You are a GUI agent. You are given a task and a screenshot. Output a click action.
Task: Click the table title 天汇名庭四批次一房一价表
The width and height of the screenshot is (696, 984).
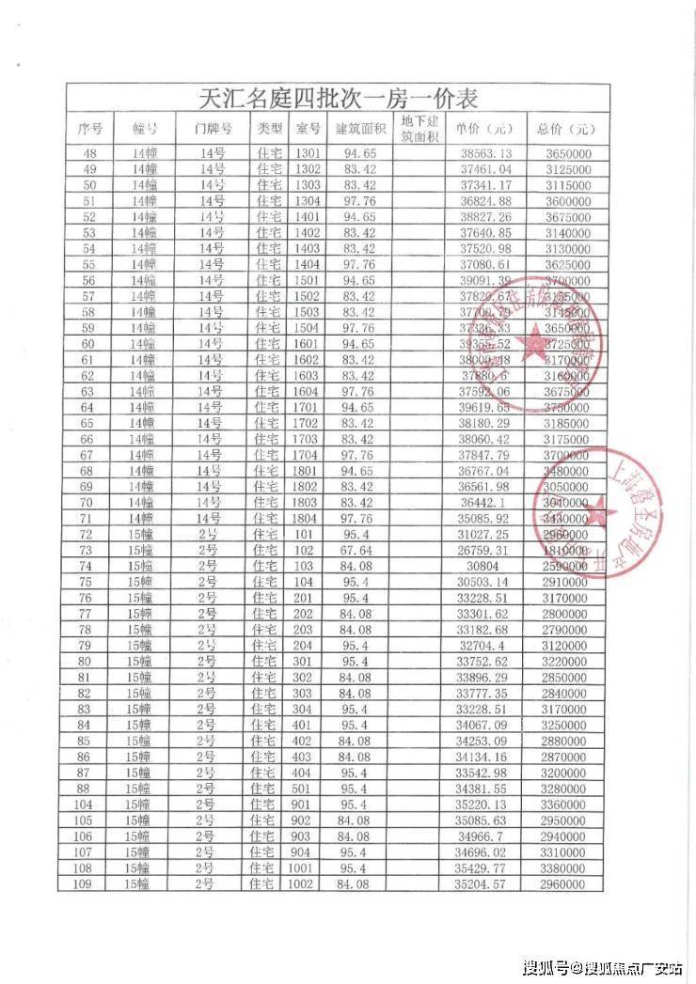pyautogui.click(x=340, y=98)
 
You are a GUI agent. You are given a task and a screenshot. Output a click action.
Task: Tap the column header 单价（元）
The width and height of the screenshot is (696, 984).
pyautogui.click(x=484, y=129)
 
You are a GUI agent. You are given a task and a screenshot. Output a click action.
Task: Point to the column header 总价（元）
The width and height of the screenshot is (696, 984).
pyautogui.click(x=567, y=129)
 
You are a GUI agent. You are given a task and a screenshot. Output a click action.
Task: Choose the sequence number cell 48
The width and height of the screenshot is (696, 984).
pyautogui.click(x=90, y=153)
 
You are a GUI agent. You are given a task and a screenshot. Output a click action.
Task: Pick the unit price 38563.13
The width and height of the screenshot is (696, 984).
pyautogui.click(x=485, y=153)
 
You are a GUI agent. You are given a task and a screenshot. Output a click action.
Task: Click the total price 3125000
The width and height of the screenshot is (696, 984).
pyautogui.click(x=567, y=169)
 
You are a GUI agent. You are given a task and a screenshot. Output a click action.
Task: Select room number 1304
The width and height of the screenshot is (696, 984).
pyautogui.click(x=308, y=201)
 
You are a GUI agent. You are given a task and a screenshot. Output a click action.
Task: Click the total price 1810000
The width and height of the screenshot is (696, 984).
pyautogui.click(x=567, y=550)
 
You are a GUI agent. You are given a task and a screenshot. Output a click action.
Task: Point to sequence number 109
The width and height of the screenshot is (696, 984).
pyautogui.click(x=89, y=884)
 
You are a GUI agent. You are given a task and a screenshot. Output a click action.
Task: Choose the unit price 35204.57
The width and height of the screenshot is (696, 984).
pyautogui.click(x=485, y=884)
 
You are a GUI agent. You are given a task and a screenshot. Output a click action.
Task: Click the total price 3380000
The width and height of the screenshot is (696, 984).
pyautogui.click(x=567, y=868)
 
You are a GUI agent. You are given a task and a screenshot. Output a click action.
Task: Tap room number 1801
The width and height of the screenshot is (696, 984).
pyautogui.click(x=308, y=471)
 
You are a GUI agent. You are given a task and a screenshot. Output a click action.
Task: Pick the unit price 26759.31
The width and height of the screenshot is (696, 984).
pyautogui.click(x=485, y=550)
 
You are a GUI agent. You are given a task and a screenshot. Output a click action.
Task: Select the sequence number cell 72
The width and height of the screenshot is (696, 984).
pyautogui.click(x=90, y=534)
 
